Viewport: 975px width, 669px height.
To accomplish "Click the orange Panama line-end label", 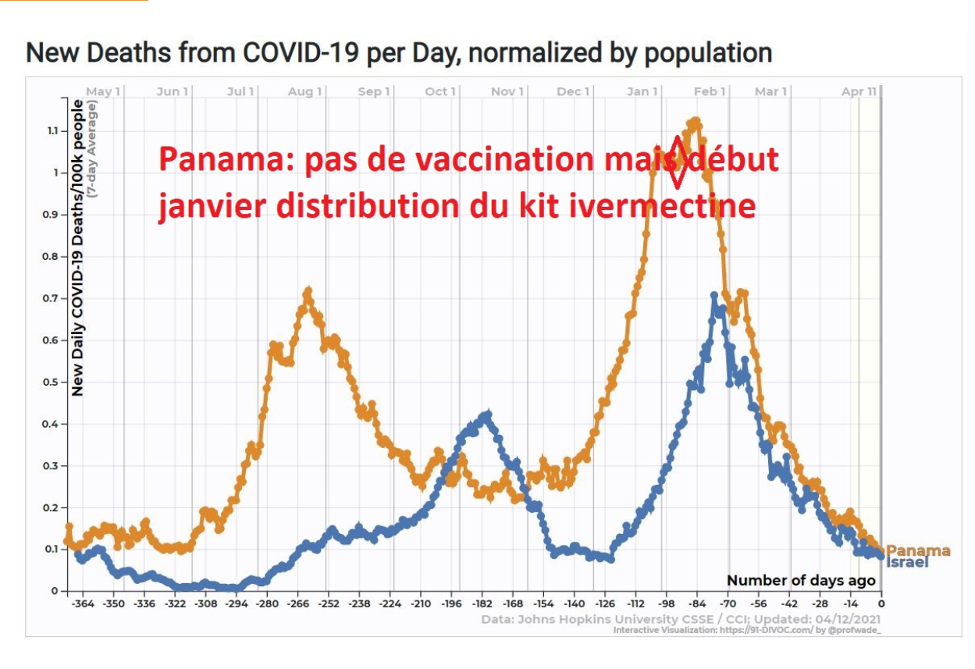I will coord(918,550).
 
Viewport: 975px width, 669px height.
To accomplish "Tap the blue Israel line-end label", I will coord(908,561).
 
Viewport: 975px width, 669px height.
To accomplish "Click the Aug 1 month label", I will coord(304,92).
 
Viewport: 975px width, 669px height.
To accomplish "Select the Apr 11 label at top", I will coord(859,92).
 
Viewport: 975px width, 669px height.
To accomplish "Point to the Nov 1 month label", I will coord(507,92).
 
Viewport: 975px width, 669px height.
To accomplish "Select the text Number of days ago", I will coord(801,580).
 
